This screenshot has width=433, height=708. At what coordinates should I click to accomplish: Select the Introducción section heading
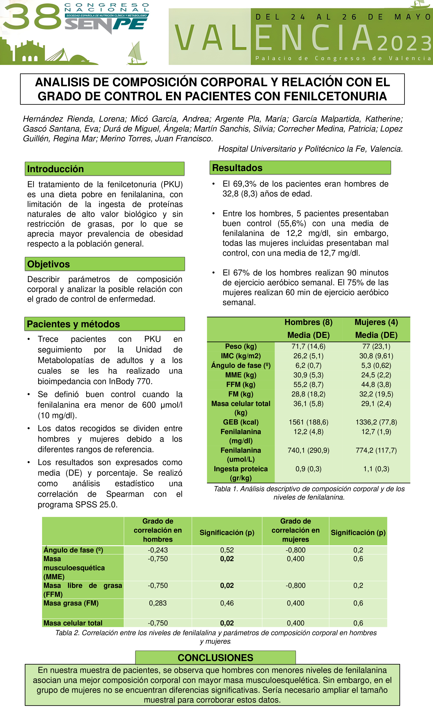coord(55,169)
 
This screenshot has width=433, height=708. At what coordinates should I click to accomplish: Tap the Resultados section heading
coord(237,168)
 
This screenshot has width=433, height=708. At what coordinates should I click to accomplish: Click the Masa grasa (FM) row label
coord(71,603)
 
